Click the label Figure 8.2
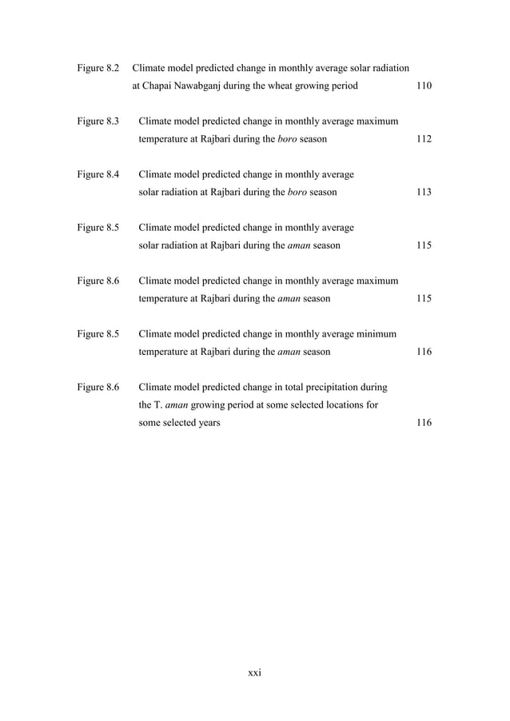[x=98, y=67]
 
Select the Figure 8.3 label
[x=98, y=121]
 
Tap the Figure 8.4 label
[x=98, y=174]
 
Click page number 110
[x=424, y=86]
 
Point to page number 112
[x=424, y=139]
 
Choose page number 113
[x=424, y=193]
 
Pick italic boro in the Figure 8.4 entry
[x=297, y=193]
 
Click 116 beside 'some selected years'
[x=424, y=423]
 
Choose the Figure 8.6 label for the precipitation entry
[x=98, y=388]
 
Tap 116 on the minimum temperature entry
[x=424, y=352]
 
